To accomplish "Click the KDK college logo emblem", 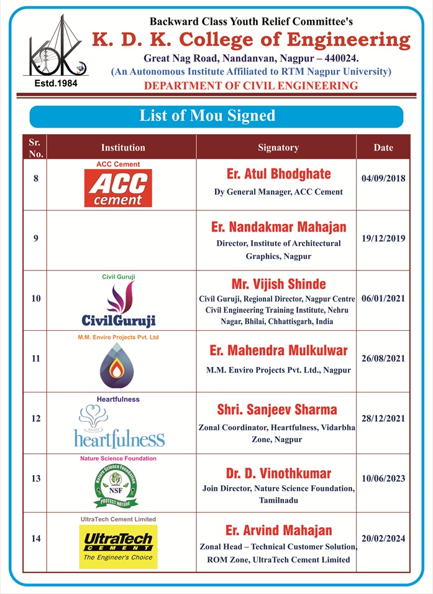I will click(55, 47).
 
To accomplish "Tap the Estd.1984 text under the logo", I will click(55, 83).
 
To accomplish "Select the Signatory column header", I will click(278, 147).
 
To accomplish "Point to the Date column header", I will click(383, 147).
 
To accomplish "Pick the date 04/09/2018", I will click(383, 179).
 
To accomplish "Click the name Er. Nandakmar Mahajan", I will click(278, 227).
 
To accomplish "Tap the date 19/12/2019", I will click(383, 238).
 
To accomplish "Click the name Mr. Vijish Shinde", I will click(278, 284).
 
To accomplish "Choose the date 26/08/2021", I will click(383, 359).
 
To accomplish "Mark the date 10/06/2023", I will click(383, 478).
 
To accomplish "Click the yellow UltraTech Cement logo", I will click(118, 546).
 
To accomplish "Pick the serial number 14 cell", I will click(35, 539).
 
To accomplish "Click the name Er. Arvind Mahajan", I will click(278, 531).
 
